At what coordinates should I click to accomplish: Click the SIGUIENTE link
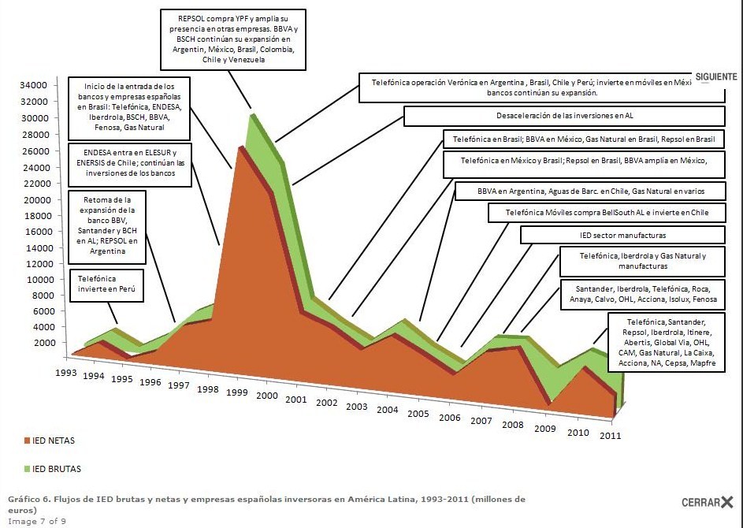pos(715,76)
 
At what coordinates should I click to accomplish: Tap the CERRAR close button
pos(707,502)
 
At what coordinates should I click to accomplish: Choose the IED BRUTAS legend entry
pos(55,469)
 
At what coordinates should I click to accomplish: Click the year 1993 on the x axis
pos(66,372)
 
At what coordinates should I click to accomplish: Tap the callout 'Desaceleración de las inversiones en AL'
pos(564,116)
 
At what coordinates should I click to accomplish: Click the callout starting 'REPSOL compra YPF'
pos(233,37)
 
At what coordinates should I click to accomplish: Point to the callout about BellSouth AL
pos(606,212)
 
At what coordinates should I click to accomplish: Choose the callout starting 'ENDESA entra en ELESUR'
pos(130,164)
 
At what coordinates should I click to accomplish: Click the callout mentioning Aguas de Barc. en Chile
pos(589,191)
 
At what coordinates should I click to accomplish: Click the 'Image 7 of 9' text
pos(36,520)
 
